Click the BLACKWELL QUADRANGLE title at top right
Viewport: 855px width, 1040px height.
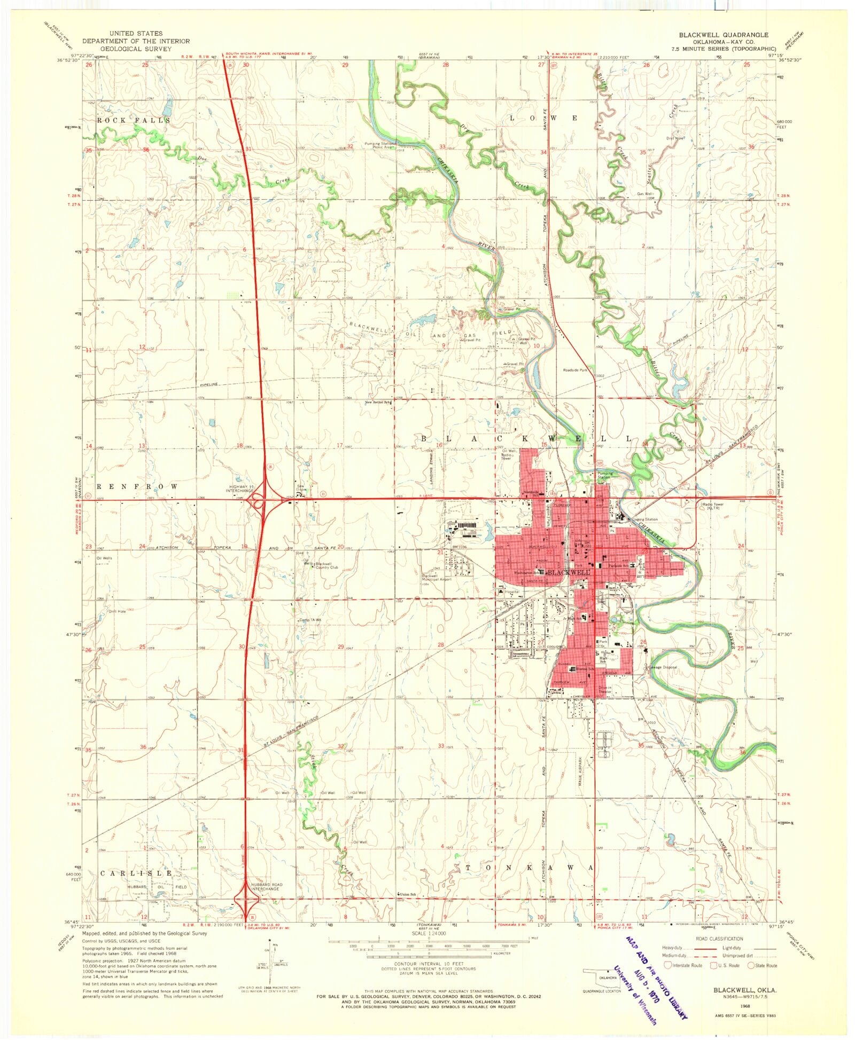pos(724,35)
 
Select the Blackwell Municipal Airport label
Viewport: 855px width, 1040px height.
pos(437,578)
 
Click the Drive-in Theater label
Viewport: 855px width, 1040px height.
pos(604,689)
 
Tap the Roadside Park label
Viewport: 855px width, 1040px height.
pos(575,369)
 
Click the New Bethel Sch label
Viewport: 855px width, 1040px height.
pos(378,403)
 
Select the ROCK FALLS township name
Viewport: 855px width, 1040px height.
pos(133,121)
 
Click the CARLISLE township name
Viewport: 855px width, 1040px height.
pos(136,873)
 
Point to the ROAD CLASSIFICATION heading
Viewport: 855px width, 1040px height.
pos(719,939)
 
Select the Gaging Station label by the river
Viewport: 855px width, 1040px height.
pos(644,519)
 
